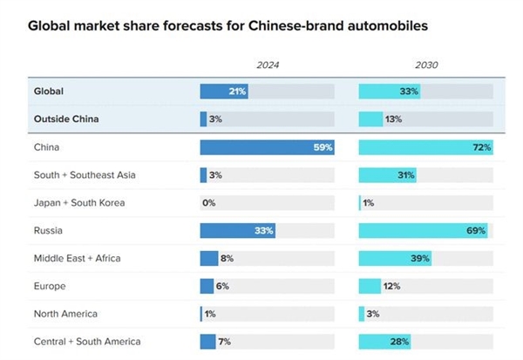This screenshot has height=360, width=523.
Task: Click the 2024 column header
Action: click(x=267, y=65)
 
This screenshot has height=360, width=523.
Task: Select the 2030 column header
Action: click(x=425, y=65)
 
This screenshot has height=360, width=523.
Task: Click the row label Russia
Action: click(x=50, y=230)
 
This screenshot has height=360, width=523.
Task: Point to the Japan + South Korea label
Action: click(x=79, y=203)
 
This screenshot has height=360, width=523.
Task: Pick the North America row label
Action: click(x=65, y=314)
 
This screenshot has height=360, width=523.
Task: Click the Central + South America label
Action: click(x=86, y=342)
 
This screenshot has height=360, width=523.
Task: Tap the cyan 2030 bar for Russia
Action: click(x=423, y=230)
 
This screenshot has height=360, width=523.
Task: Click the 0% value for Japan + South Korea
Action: click(x=208, y=203)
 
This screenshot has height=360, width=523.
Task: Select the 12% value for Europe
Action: click(x=393, y=286)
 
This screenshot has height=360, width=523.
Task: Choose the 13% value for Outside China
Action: click(x=393, y=119)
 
